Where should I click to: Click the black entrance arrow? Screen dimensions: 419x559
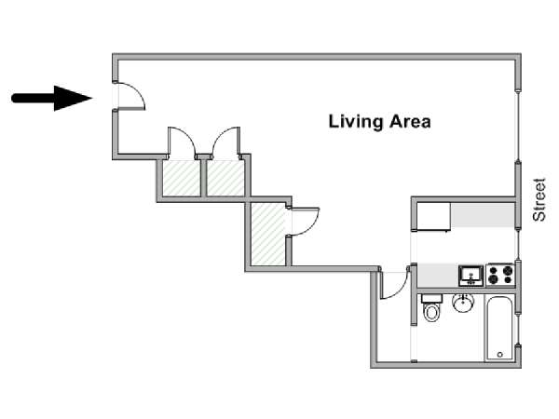tap(51, 97)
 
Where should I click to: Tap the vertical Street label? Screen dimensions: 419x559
tap(539, 199)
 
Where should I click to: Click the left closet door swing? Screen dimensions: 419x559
tap(180, 144)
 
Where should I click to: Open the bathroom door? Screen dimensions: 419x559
tap(396, 283)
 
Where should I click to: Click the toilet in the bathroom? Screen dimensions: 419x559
tap(431, 308)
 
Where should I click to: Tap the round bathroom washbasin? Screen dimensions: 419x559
tap(463, 304)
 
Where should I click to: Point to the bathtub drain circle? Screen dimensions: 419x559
tap(500, 354)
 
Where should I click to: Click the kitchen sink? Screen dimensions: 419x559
tap(469, 276)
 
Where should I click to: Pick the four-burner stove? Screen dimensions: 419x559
tap(500, 275)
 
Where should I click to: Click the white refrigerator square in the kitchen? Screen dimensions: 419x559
tap(433, 216)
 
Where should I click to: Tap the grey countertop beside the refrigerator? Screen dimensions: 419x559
tap(483, 216)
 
